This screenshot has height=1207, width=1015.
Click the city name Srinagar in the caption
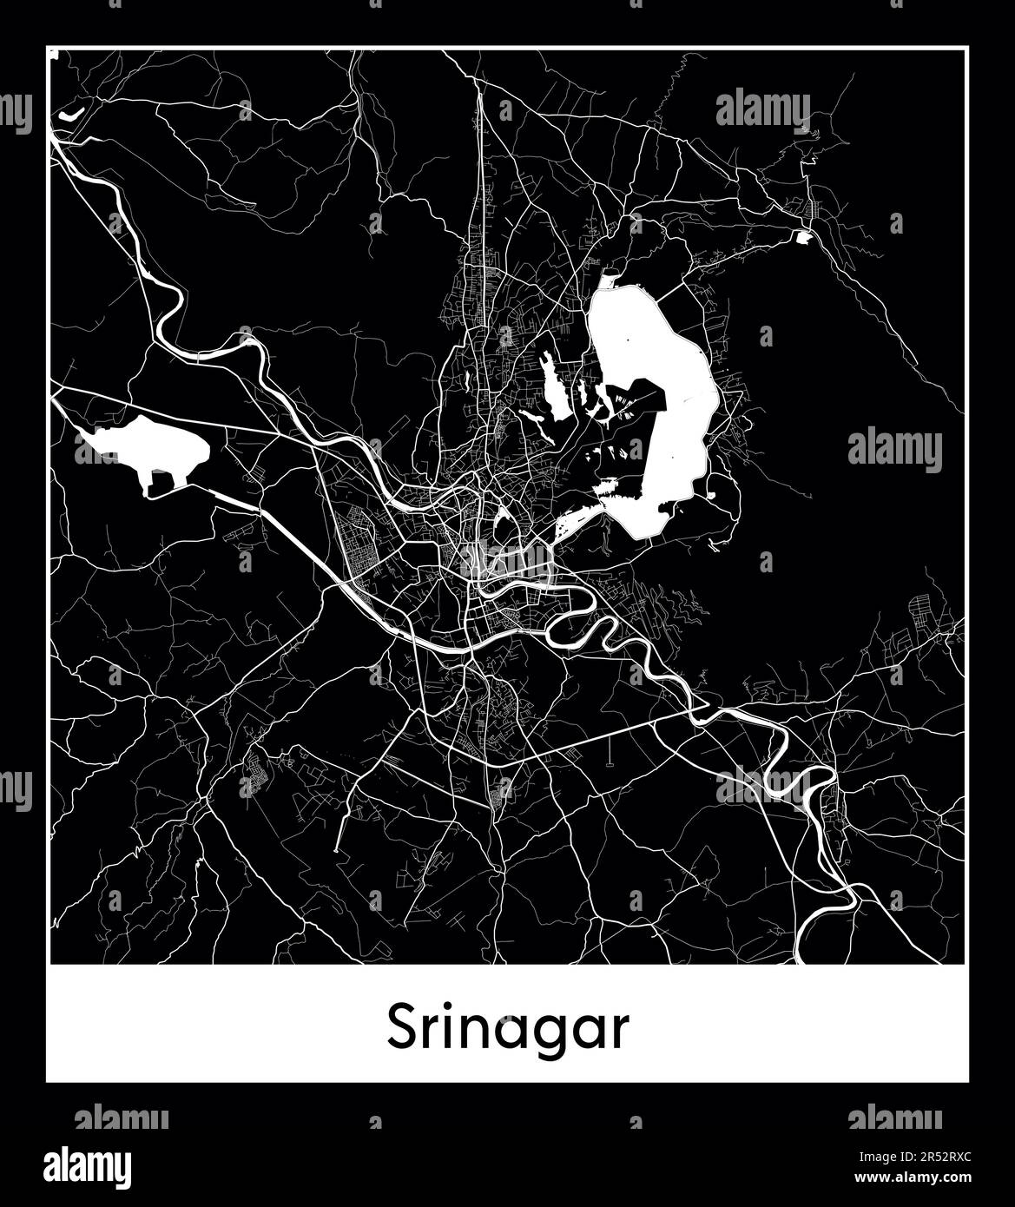(x=508, y=1028)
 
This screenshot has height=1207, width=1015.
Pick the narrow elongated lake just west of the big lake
(x=551, y=386)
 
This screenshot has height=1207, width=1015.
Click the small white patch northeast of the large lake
(x=803, y=235)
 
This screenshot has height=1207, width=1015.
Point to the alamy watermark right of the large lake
(x=894, y=450)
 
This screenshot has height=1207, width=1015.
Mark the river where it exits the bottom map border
(x=797, y=960)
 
